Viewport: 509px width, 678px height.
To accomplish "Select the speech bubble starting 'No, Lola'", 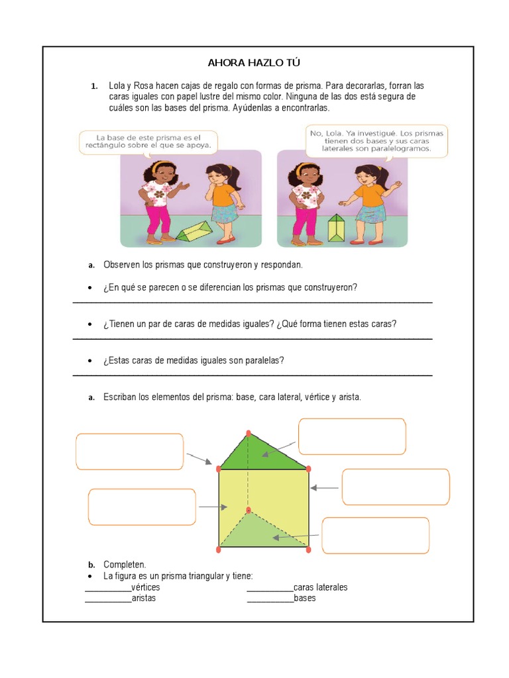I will pos(376,141).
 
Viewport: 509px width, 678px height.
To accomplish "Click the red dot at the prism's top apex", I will pos(249,433).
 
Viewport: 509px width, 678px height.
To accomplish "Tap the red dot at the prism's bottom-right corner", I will pos(308,549).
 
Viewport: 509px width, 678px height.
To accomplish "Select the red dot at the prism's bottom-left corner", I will pos(219,549).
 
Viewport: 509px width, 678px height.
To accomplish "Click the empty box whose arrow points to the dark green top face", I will pos(352,436).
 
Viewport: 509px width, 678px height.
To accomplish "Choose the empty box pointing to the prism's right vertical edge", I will pos(395,487).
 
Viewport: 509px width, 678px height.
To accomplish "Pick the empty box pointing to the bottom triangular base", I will pos(375,535).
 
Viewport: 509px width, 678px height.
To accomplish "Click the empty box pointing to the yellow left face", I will pos(142,507).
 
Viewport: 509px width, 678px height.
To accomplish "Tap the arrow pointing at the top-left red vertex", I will pos(199,458).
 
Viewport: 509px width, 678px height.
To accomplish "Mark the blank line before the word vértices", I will pos(108,588).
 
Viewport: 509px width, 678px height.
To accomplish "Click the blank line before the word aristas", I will pos(108,599).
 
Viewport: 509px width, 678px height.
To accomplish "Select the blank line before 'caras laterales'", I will pos(270,588).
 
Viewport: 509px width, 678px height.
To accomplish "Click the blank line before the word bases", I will pos(270,599).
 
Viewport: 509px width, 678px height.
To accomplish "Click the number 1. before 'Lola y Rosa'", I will pos(95,87).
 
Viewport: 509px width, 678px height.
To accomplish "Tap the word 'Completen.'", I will pos(125,565).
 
